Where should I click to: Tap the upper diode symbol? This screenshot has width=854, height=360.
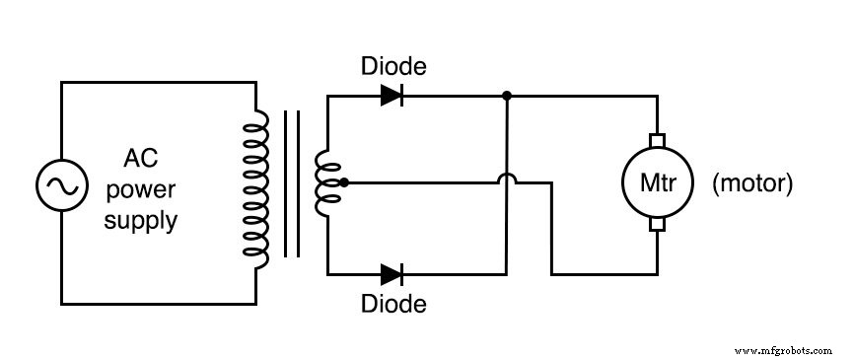pos(392,96)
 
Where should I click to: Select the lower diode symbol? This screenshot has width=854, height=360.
pos(392,273)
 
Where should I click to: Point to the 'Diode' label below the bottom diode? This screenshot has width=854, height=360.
pos(393,304)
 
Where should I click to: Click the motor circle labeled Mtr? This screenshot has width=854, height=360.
pos(657,183)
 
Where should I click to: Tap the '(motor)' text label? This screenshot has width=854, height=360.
pos(752,183)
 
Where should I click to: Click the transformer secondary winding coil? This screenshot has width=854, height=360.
pos(323,183)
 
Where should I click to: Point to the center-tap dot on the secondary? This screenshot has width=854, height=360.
pos(343,182)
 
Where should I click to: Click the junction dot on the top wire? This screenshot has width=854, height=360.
pos(506,96)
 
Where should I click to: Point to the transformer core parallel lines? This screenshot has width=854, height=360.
pos(291,184)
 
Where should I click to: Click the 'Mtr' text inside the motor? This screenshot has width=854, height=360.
pos(657,184)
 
